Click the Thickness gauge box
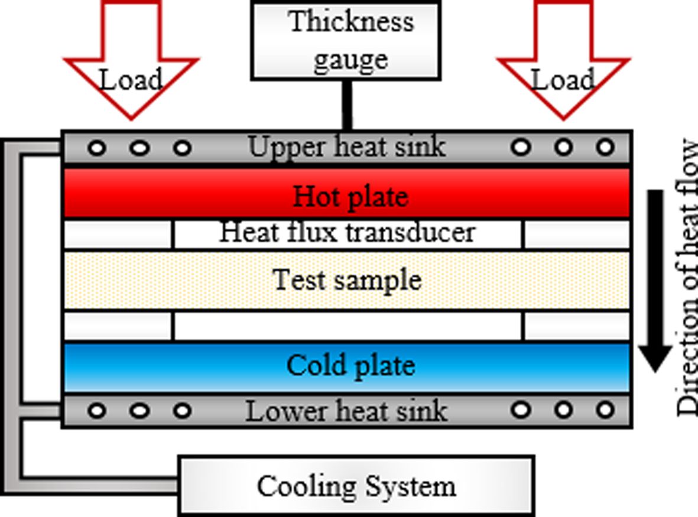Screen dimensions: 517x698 click(x=346, y=40)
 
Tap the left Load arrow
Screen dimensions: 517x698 click(x=131, y=65)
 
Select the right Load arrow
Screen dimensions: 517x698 click(x=563, y=65)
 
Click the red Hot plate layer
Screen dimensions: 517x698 click(x=348, y=194)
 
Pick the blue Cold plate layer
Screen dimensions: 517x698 click(x=348, y=366)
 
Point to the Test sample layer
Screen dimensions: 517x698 click(x=348, y=279)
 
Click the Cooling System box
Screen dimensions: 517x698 click(x=356, y=486)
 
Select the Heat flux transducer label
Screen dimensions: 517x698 click(x=348, y=232)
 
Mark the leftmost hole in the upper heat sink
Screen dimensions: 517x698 click(x=98, y=148)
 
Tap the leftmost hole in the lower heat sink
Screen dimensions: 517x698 click(x=98, y=410)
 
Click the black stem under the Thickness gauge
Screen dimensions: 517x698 click(x=347, y=105)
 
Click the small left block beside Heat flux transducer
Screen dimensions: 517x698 click(x=118, y=235)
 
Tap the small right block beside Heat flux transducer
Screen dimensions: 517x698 click(x=577, y=235)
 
